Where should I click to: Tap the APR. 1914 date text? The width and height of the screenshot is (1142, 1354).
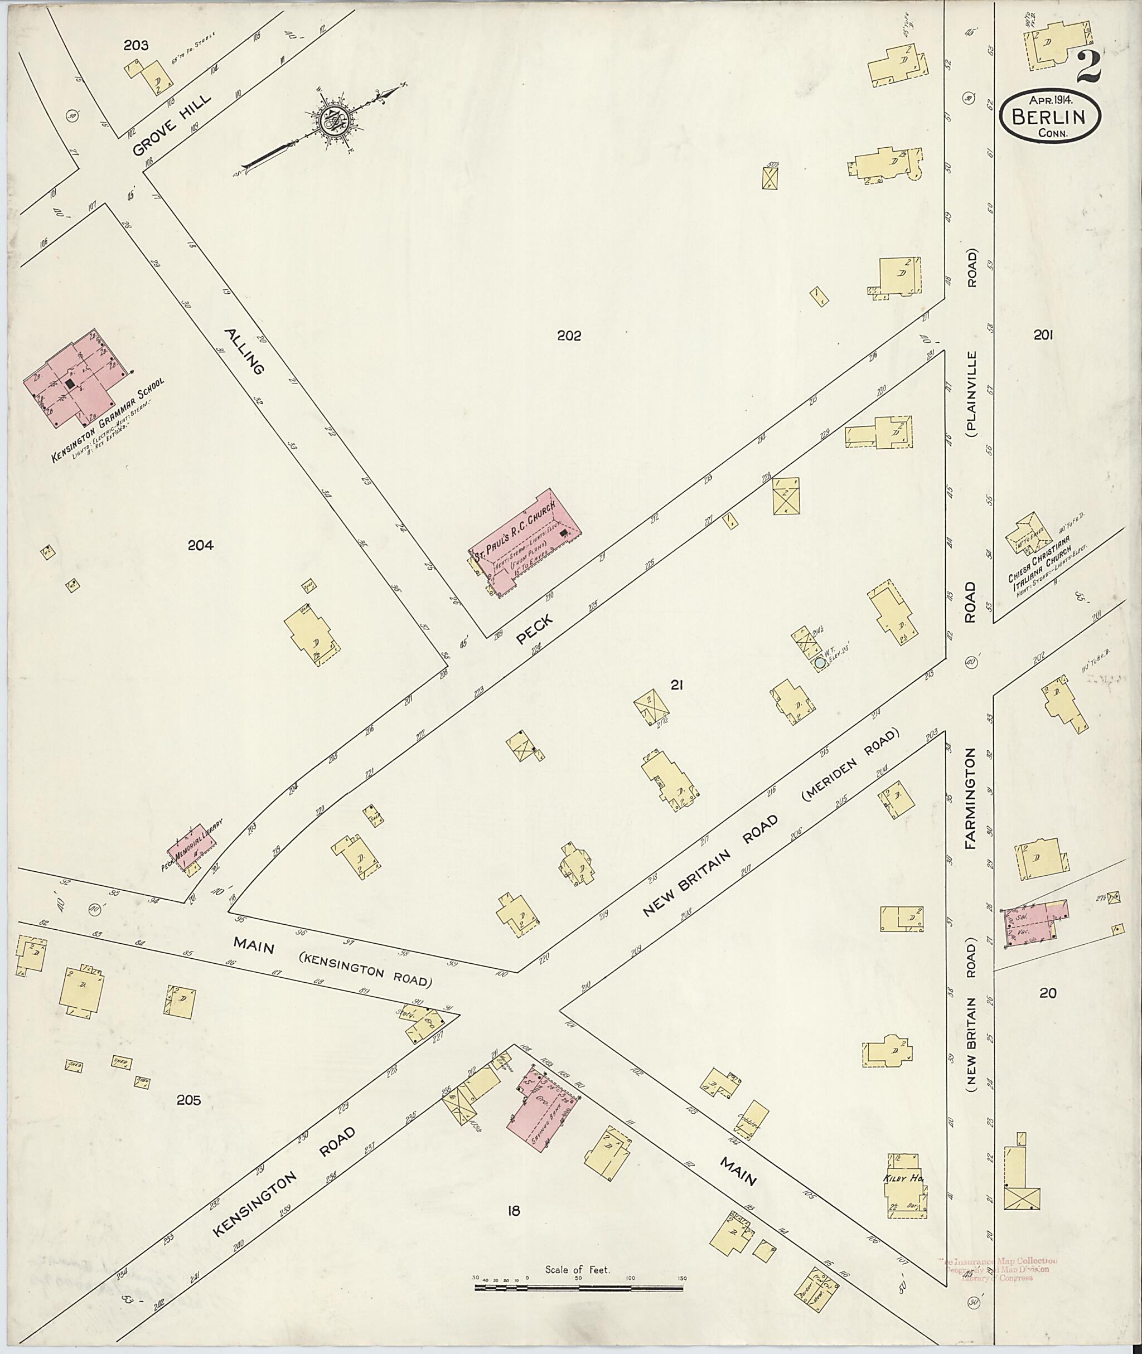point(1049,100)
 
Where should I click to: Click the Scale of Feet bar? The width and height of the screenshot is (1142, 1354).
point(578,1288)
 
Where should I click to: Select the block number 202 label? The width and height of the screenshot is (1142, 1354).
point(568,335)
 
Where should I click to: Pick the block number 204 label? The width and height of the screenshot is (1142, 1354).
point(200,546)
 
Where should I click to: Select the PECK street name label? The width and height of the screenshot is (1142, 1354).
point(535,630)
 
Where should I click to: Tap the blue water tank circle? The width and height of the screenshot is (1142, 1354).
point(820,663)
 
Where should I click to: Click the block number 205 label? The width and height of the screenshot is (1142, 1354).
point(188,1100)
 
